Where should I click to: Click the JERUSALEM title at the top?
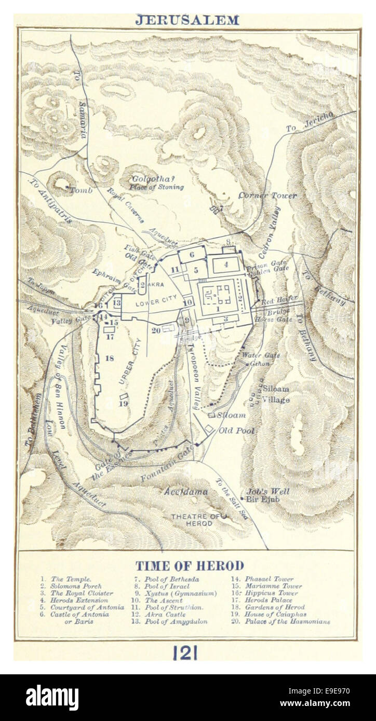point(187,20)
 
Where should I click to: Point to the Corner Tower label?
point(267,196)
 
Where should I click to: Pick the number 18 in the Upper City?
point(109,358)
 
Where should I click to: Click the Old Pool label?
point(235,430)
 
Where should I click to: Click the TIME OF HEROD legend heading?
point(189,565)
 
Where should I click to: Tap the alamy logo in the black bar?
point(52,697)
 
